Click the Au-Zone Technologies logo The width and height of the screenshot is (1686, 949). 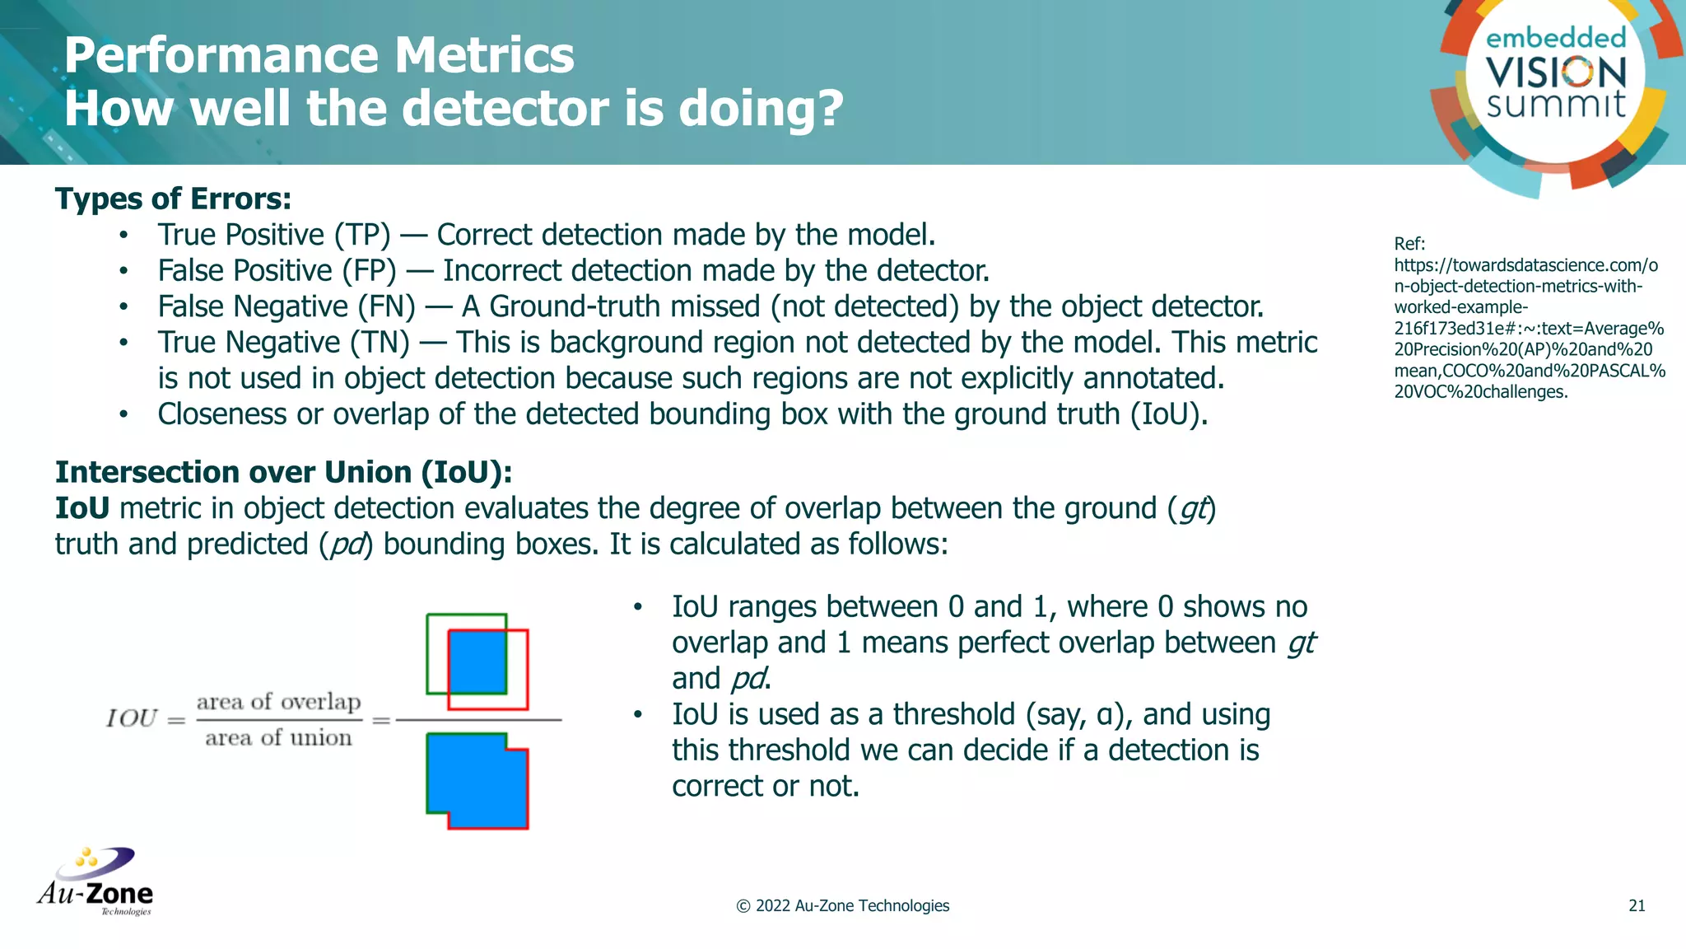(x=95, y=882)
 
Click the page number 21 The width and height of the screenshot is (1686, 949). (x=1637, y=905)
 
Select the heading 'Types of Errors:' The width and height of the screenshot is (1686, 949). (x=173, y=199)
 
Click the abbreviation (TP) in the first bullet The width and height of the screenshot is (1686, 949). (x=362, y=236)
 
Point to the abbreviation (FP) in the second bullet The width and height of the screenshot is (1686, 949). (x=368, y=271)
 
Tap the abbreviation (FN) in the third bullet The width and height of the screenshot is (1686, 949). (x=386, y=307)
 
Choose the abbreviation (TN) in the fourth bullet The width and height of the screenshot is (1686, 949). (x=380, y=343)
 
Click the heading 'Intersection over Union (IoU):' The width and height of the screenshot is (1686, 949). (x=283, y=472)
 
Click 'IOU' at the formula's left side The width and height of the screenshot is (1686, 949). (x=132, y=718)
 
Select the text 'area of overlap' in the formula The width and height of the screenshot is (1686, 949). (x=278, y=702)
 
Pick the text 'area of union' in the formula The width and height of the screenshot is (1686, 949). (x=278, y=737)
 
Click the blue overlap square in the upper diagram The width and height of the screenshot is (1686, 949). (x=477, y=661)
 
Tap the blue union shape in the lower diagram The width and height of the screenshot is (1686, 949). (x=477, y=781)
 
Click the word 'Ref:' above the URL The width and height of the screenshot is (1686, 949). (x=1409, y=244)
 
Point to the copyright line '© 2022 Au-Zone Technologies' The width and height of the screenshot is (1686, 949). (x=842, y=905)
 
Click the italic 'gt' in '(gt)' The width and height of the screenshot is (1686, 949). (x=1194, y=509)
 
